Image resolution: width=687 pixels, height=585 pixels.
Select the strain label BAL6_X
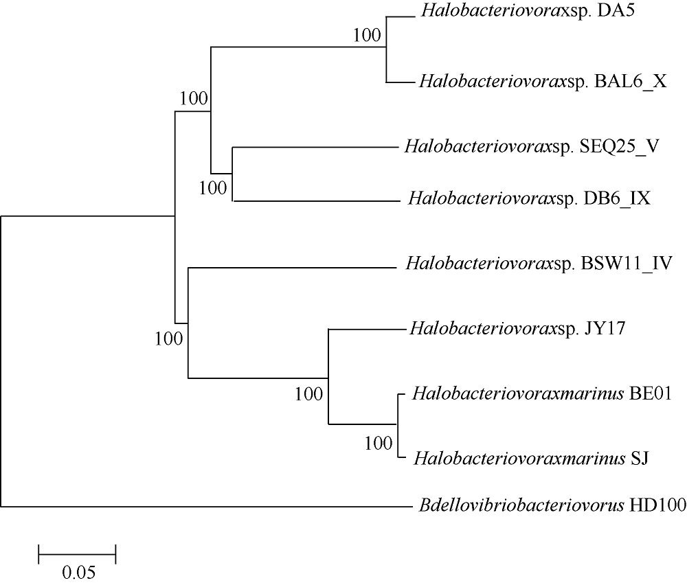pos(631,82)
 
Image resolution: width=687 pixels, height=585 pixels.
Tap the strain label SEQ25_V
pos(619,146)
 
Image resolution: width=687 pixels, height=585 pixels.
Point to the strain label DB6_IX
pos(617,198)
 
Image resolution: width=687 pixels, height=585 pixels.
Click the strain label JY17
pos(605,328)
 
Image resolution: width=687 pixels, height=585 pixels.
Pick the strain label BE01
pos(650,393)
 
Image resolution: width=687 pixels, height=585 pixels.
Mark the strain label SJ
pos(639,459)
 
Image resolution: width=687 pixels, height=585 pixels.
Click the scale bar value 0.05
pos(79,572)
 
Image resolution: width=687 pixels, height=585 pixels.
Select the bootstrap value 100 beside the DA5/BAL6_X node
pos(367,35)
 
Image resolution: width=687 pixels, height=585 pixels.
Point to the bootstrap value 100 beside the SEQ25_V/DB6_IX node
pos(213,188)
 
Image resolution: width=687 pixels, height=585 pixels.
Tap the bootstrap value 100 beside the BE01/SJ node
pos(379,444)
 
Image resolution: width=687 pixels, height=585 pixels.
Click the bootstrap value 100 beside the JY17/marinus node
pos(309,394)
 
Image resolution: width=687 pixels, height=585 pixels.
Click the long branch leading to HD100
pos(207,507)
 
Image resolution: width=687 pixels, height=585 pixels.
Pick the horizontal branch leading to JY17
pos(368,328)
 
